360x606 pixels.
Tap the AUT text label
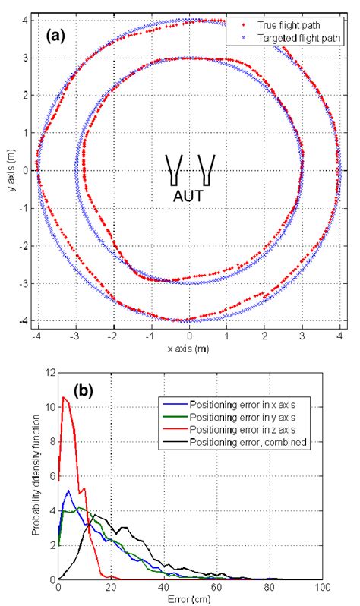click(188, 194)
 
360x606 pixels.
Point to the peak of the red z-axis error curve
click(65, 397)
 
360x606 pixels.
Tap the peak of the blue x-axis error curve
click(69, 490)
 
